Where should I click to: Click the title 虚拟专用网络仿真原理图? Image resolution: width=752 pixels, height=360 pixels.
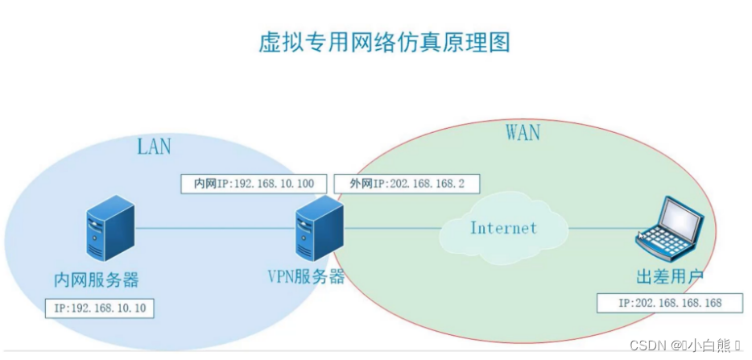[384, 42]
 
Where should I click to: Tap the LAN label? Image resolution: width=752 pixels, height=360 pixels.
[154, 146]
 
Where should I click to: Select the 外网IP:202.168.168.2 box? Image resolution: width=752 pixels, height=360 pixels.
[407, 184]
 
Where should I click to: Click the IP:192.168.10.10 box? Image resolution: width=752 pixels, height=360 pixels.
[100, 308]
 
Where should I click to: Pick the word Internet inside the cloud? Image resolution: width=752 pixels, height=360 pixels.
[503, 228]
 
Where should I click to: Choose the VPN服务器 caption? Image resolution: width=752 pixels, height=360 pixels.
[306, 277]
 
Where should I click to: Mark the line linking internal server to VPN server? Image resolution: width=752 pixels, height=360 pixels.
[213, 228]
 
